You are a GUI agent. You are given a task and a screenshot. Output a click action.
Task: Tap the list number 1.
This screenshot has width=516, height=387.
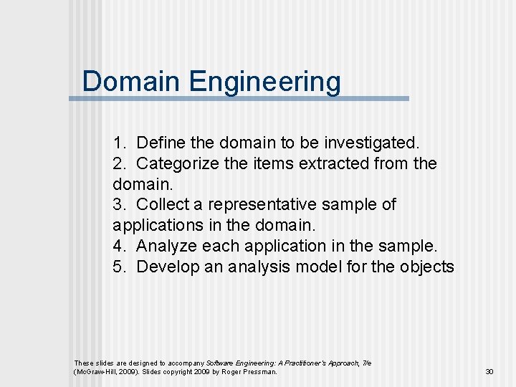118,143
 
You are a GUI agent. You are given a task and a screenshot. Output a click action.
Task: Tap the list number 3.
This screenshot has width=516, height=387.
118,205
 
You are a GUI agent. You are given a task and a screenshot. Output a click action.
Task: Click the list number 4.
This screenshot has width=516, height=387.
118,247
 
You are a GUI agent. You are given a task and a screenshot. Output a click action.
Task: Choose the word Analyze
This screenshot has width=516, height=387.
167,247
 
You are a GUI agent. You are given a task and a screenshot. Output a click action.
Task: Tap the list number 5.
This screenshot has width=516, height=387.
118,267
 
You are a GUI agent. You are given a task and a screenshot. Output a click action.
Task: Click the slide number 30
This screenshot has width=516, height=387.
490,372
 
